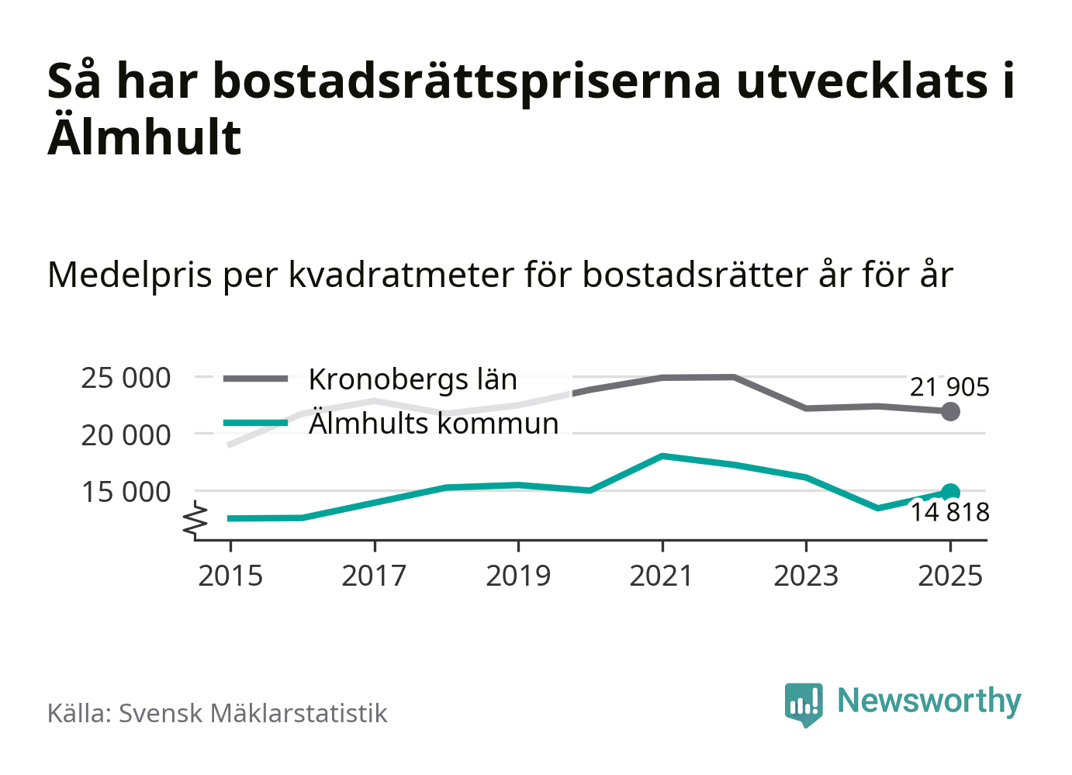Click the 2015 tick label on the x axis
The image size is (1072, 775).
(230, 576)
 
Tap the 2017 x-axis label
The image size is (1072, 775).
(374, 576)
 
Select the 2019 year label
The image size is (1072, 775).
(518, 576)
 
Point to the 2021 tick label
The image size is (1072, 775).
(662, 576)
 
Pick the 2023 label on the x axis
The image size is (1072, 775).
(806, 576)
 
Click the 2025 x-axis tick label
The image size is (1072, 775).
(950, 576)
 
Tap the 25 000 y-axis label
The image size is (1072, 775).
(126, 379)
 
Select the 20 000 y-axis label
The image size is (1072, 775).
(126, 435)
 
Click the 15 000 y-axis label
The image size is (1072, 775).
(126, 492)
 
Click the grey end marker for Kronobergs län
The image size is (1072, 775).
(950, 412)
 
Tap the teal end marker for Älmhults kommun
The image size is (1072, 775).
(950, 492)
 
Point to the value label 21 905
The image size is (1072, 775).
(949, 387)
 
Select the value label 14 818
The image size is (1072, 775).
(949, 513)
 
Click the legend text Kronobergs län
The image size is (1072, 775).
(413, 379)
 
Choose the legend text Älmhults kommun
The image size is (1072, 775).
(434, 424)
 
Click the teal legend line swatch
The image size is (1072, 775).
(255, 423)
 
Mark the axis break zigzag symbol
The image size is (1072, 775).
(195, 521)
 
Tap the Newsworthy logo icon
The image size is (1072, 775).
(804, 704)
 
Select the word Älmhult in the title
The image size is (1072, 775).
(145, 137)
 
